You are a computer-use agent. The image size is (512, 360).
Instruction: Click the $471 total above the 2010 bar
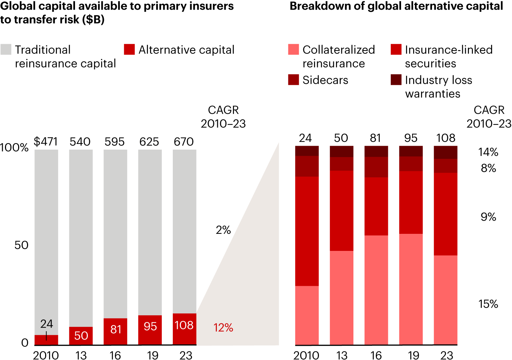coord(46,142)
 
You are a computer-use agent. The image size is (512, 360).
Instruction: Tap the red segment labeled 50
coord(81,335)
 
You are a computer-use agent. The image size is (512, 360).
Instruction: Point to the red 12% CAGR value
coord(223,328)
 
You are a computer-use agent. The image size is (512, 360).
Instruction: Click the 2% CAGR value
coord(223,230)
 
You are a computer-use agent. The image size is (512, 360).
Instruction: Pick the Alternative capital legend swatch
coord(129,49)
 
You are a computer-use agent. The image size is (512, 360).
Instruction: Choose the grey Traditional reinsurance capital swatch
coord(6,49)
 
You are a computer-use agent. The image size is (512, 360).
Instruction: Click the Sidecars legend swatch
coord(294,80)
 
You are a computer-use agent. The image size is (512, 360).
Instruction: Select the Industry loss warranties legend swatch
coord(396,80)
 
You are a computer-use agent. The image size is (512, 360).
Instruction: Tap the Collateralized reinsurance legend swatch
coord(294,49)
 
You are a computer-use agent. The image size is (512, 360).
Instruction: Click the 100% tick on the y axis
coord(14,148)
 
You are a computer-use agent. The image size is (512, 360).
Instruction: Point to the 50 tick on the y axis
coord(21,245)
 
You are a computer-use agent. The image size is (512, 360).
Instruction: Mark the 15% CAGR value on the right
coord(488,304)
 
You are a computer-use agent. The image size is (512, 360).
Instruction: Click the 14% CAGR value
coord(488,152)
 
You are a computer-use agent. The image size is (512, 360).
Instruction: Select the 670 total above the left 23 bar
coord(184,142)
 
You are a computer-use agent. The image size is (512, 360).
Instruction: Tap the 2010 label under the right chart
coord(306,355)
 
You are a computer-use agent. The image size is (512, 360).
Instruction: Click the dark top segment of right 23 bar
coord(446,152)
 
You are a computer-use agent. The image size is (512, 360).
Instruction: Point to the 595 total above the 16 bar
coord(114,142)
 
